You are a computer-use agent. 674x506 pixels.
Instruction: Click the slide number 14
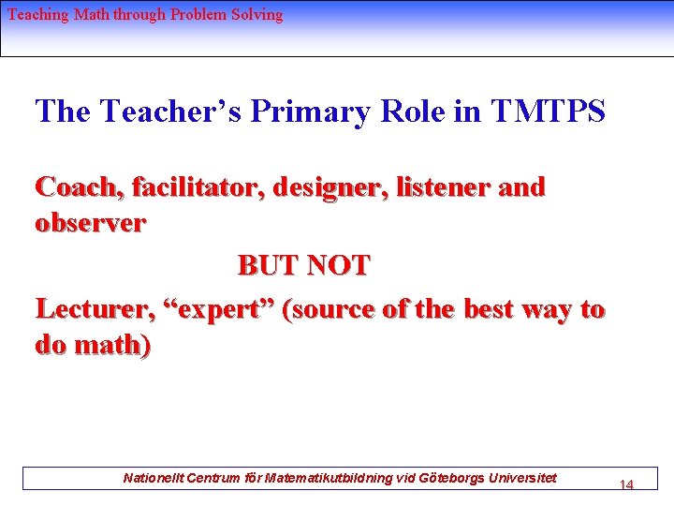point(626,484)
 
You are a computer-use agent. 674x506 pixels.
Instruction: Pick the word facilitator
point(198,187)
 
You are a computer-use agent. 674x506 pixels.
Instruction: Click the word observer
point(90,224)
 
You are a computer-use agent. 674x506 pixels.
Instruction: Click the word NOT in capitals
point(339,266)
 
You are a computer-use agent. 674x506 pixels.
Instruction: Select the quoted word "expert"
point(223,308)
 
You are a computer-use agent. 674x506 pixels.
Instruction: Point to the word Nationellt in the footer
point(154,478)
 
